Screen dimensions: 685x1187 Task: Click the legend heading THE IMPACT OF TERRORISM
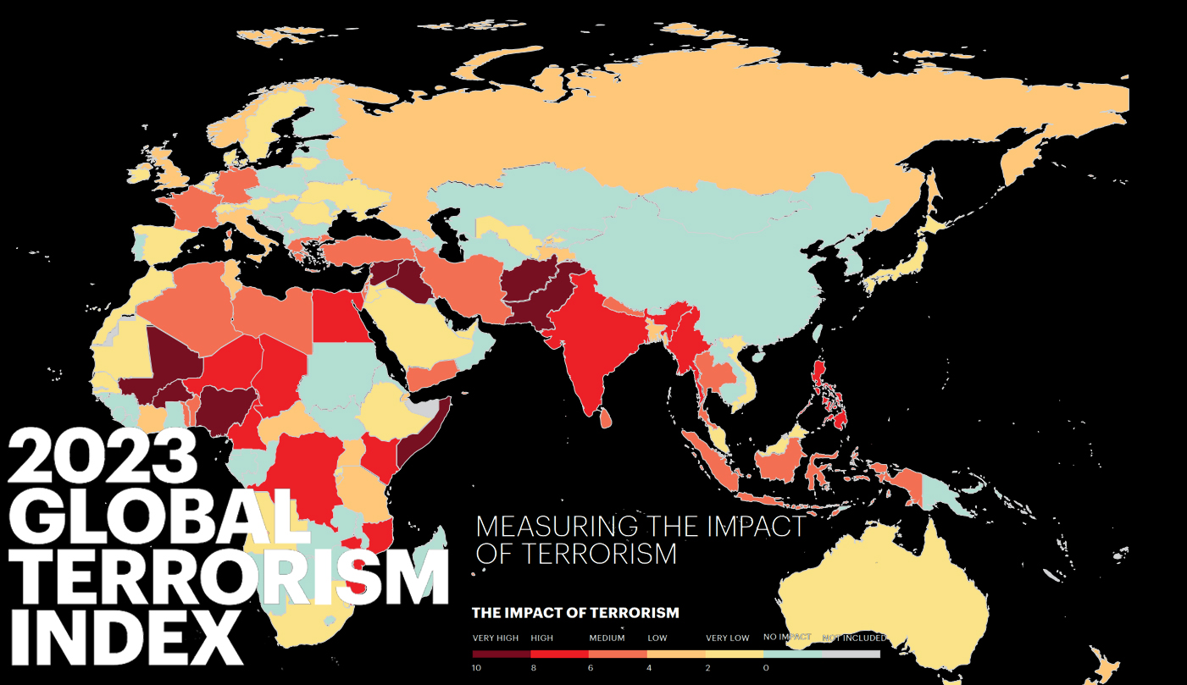(x=575, y=612)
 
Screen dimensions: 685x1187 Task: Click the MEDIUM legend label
(x=607, y=638)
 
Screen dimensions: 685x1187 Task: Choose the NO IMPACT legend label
(x=787, y=637)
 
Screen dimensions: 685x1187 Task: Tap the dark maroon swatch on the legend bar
(x=502, y=654)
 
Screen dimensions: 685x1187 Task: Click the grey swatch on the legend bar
(x=851, y=654)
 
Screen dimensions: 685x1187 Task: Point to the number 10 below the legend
(x=477, y=668)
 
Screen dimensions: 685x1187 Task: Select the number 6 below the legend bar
(x=591, y=668)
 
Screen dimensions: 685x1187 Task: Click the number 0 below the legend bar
(x=765, y=668)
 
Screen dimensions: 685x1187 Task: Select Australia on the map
(x=890, y=593)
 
